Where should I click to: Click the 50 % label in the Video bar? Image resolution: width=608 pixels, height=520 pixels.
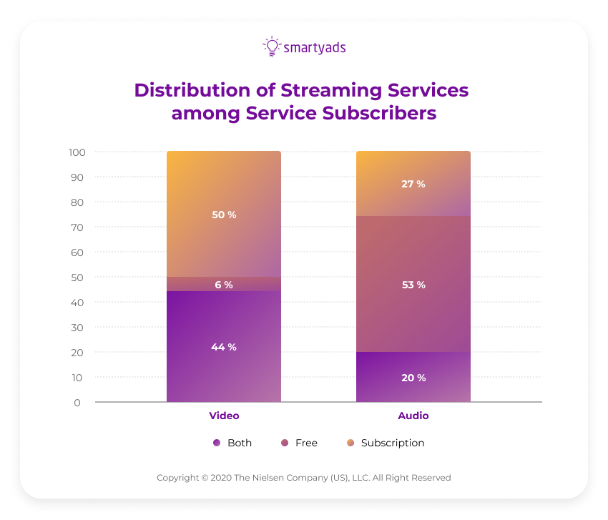pos(224,215)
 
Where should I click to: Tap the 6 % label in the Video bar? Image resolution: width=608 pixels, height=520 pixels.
pos(224,285)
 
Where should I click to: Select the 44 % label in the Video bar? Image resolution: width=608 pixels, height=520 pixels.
pos(224,347)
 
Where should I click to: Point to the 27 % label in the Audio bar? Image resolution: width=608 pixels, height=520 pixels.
pos(413,184)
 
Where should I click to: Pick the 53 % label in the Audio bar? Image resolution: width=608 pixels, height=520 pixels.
pos(413,285)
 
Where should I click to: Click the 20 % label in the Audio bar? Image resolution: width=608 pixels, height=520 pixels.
pos(413,378)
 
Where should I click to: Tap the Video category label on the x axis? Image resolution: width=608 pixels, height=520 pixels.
pos(224,416)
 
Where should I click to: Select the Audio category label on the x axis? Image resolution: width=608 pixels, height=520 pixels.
pos(413,416)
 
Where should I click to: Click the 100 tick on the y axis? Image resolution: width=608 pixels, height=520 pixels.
pos(77,152)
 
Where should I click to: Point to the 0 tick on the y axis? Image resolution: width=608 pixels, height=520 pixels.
pos(77,403)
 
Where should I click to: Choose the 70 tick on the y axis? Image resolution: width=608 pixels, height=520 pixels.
pos(77,227)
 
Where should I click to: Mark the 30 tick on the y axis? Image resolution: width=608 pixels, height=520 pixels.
pos(77,328)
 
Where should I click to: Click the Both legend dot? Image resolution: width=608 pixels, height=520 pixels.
pos(217,443)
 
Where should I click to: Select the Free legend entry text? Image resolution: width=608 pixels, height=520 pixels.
pos(306,443)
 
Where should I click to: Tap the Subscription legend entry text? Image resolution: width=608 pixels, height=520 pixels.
pos(393,443)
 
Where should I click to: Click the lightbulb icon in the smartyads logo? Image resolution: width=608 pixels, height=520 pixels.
pos(272,46)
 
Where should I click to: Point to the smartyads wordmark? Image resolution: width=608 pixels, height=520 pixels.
pos(315,48)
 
